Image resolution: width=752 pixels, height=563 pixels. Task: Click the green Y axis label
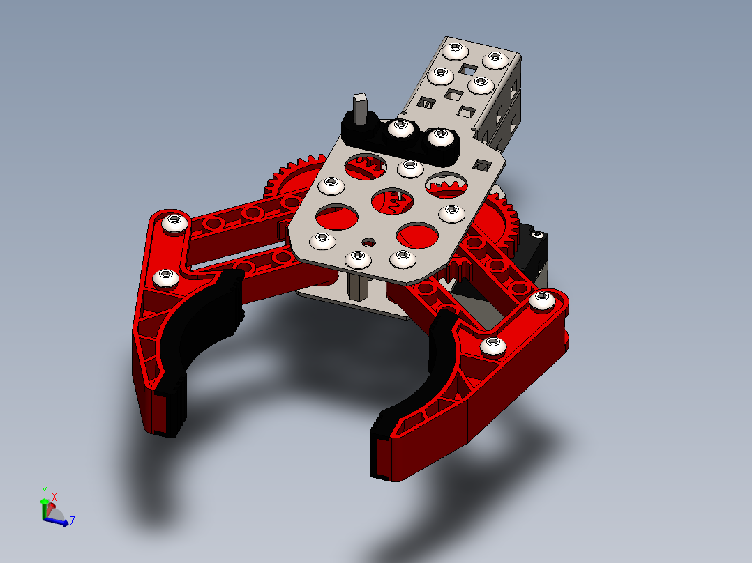point(44,491)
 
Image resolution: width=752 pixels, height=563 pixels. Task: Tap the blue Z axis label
point(73,520)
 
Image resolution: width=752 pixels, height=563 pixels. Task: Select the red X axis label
point(54,496)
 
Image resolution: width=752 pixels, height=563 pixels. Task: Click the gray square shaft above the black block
point(360,107)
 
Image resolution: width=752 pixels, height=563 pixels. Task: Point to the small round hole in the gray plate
point(368,242)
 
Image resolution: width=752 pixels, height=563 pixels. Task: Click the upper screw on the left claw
point(174,222)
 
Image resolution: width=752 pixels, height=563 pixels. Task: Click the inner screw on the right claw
point(493,345)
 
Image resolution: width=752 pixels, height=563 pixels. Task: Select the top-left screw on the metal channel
point(456,49)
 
